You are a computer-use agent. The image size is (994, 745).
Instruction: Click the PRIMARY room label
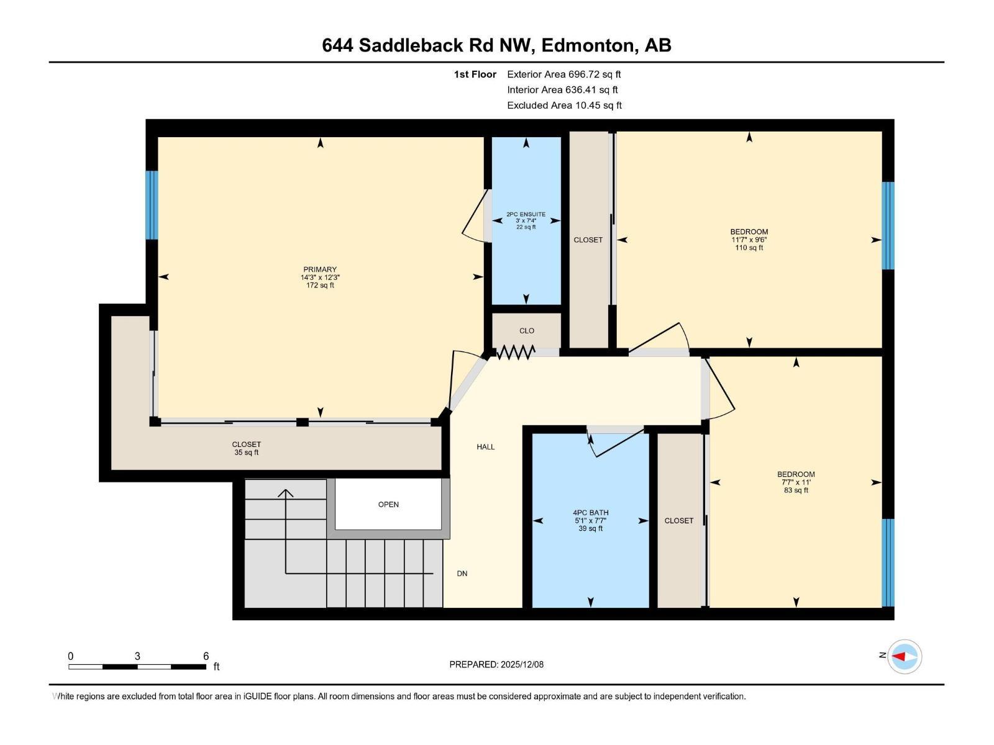pyautogui.click(x=320, y=269)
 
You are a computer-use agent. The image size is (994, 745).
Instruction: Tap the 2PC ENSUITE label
pyautogui.click(x=526, y=214)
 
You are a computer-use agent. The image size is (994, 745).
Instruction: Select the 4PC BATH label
pyautogui.click(x=590, y=513)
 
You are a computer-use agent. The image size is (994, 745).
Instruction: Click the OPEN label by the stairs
pyautogui.click(x=388, y=504)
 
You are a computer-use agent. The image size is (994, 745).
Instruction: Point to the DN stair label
pyautogui.click(x=462, y=574)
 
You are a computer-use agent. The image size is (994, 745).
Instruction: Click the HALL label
pyautogui.click(x=486, y=446)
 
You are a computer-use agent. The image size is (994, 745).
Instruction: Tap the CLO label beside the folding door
pyautogui.click(x=527, y=331)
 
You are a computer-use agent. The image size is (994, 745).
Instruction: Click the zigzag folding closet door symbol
pyautogui.click(x=516, y=353)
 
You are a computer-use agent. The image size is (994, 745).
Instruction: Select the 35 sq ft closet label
pyautogui.click(x=247, y=453)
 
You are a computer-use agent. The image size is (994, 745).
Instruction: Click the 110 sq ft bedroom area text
pyautogui.click(x=749, y=248)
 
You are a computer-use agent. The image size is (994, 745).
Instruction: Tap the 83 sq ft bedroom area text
pyautogui.click(x=796, y=490)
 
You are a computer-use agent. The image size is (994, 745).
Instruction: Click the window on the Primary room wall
pyautogui.click(x=152, y=205)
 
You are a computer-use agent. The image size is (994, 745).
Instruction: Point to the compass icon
pyautogui.click(x=904, y=656)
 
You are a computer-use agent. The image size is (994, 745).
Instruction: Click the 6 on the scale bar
pyautogui.click(x=206, y=656)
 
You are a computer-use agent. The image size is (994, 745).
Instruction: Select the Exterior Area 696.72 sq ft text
pyautogui.click(x=563, y=74)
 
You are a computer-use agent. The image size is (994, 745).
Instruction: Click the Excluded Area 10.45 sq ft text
pyautogui.click(x=564, y=105)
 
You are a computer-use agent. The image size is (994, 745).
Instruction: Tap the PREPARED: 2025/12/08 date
pyautogui.click(x=496, y=664)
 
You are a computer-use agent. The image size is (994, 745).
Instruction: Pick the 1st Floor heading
pyautogui.click(x=475, y=74)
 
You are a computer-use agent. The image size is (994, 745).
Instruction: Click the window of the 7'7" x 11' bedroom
pyautogui.click(x=888, y=562)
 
